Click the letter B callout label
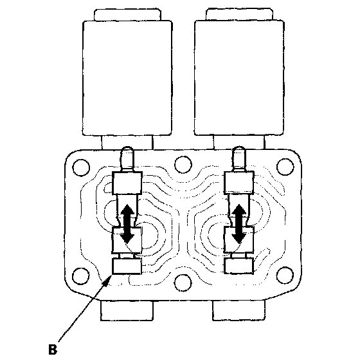point(53,349)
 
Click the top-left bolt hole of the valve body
point(81,167)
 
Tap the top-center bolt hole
point(183,165)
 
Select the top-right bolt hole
point(285,167)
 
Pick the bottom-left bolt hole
point(81,276)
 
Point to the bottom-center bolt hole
point(183,283)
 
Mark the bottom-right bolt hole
point(285,275)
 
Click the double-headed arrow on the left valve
point(127,223)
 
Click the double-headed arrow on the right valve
point(239,223)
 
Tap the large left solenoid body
point(127,78)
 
